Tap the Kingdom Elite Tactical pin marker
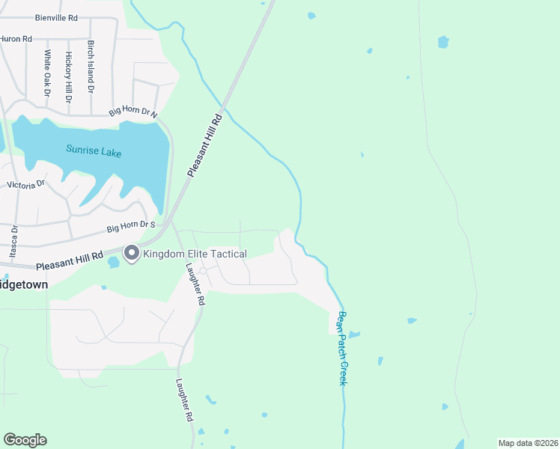tap(132, 254)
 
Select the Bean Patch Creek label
tap(343, 348)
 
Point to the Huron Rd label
tap(16, 38)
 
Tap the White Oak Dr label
tap(47, 72)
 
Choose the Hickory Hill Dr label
tap(68, 76)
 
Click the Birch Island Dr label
tap(91, 67)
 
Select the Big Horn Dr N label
tap(133, 113)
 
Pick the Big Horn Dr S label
tap(130, 226)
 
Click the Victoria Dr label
tap(25, 184)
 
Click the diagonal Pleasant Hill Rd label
tap(206, 145)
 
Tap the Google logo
tap(25, 440)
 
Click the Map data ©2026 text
tap(528, 442)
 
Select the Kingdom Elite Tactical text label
tap(195, 254)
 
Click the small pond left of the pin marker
tap(113, 262)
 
